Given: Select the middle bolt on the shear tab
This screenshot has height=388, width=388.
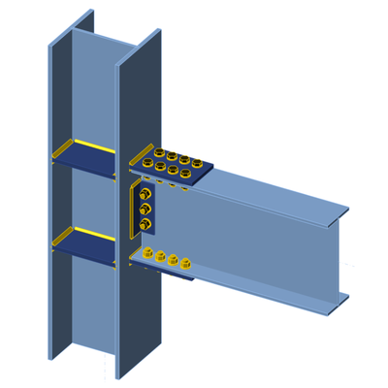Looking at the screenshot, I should coord(145,209).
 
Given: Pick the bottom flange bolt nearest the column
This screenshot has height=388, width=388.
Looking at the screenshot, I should coord(147,255).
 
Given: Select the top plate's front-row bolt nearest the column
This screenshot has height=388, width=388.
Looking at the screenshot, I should coord(148,164).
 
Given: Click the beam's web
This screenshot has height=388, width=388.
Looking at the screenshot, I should coord(262,242).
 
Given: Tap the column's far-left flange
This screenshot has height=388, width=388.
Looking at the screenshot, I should coord(57,194).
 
